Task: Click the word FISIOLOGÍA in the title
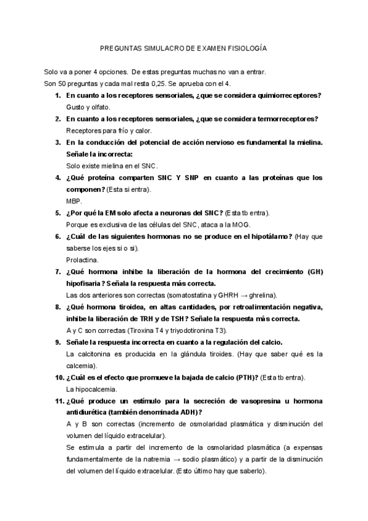click(245, 47)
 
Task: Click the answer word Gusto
click(75, 107)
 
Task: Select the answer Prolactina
click(81, 260)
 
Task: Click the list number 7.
click(57, 272)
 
